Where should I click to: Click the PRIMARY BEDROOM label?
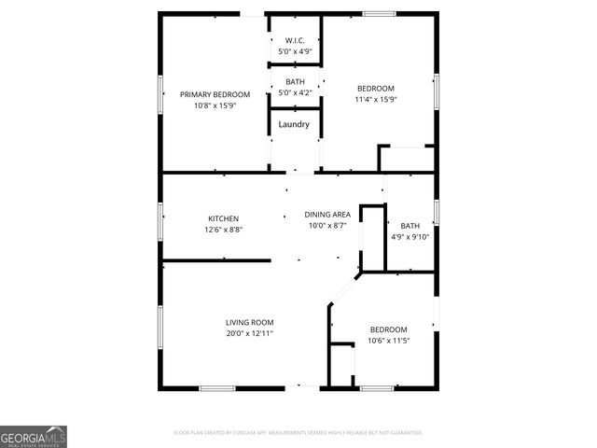click(x=215, y=94)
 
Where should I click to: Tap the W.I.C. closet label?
click(x=295, y=40)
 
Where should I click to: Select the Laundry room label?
click(x=295, y=123)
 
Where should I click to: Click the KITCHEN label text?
click(x=223, y=218)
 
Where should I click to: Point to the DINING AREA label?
click(x=326, y=215)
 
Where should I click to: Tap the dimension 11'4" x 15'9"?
click(x=376, y=99)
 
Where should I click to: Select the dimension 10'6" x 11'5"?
click(x=388, y=340)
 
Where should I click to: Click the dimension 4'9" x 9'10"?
click(x=410, y=236)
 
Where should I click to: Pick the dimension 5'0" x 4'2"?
click(x=295, y=92)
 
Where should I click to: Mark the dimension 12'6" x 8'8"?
click(x=223, y=229)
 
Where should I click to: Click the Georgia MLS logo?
click(x=34, y=437)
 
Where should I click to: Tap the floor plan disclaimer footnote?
click(x=298, y=433)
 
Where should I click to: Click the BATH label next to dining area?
click(x=410, y=226)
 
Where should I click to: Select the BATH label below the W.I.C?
click(x=295, y=82)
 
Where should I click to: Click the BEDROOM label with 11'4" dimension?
click(x=376, y=89)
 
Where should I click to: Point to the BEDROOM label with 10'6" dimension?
click(x=388, y=329)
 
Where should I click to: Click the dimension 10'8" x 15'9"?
click(x=215, y=105)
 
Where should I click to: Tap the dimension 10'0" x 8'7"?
click(x=326, y=225)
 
